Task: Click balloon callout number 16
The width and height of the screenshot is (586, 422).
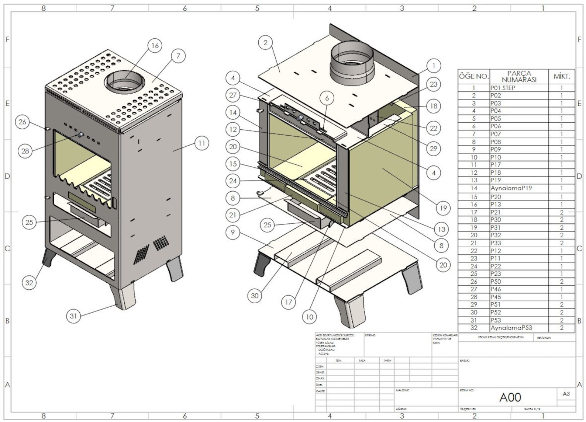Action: click(155, 45)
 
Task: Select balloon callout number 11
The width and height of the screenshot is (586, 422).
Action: click(201, 143)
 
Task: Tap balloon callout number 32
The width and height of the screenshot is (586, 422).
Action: click(29, 283)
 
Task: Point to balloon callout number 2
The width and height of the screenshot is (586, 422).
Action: click(265, 43)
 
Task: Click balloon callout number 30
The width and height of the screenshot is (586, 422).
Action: click(255, 296)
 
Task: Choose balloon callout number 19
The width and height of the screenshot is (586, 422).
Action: click(443, 208)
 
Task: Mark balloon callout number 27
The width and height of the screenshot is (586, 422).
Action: click(232, 95)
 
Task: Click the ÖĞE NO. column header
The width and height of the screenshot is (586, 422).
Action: click(474, 77)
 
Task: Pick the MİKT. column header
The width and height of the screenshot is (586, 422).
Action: click(561, 77)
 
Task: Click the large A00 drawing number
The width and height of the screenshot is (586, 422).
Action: click(510, 397)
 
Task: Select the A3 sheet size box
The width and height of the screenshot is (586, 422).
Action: click(566, 394)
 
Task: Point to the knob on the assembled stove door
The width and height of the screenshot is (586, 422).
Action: click(80, 135)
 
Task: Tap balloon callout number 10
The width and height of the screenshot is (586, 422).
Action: click(309, 317)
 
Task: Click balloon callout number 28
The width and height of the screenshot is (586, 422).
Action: click(25, 151)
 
